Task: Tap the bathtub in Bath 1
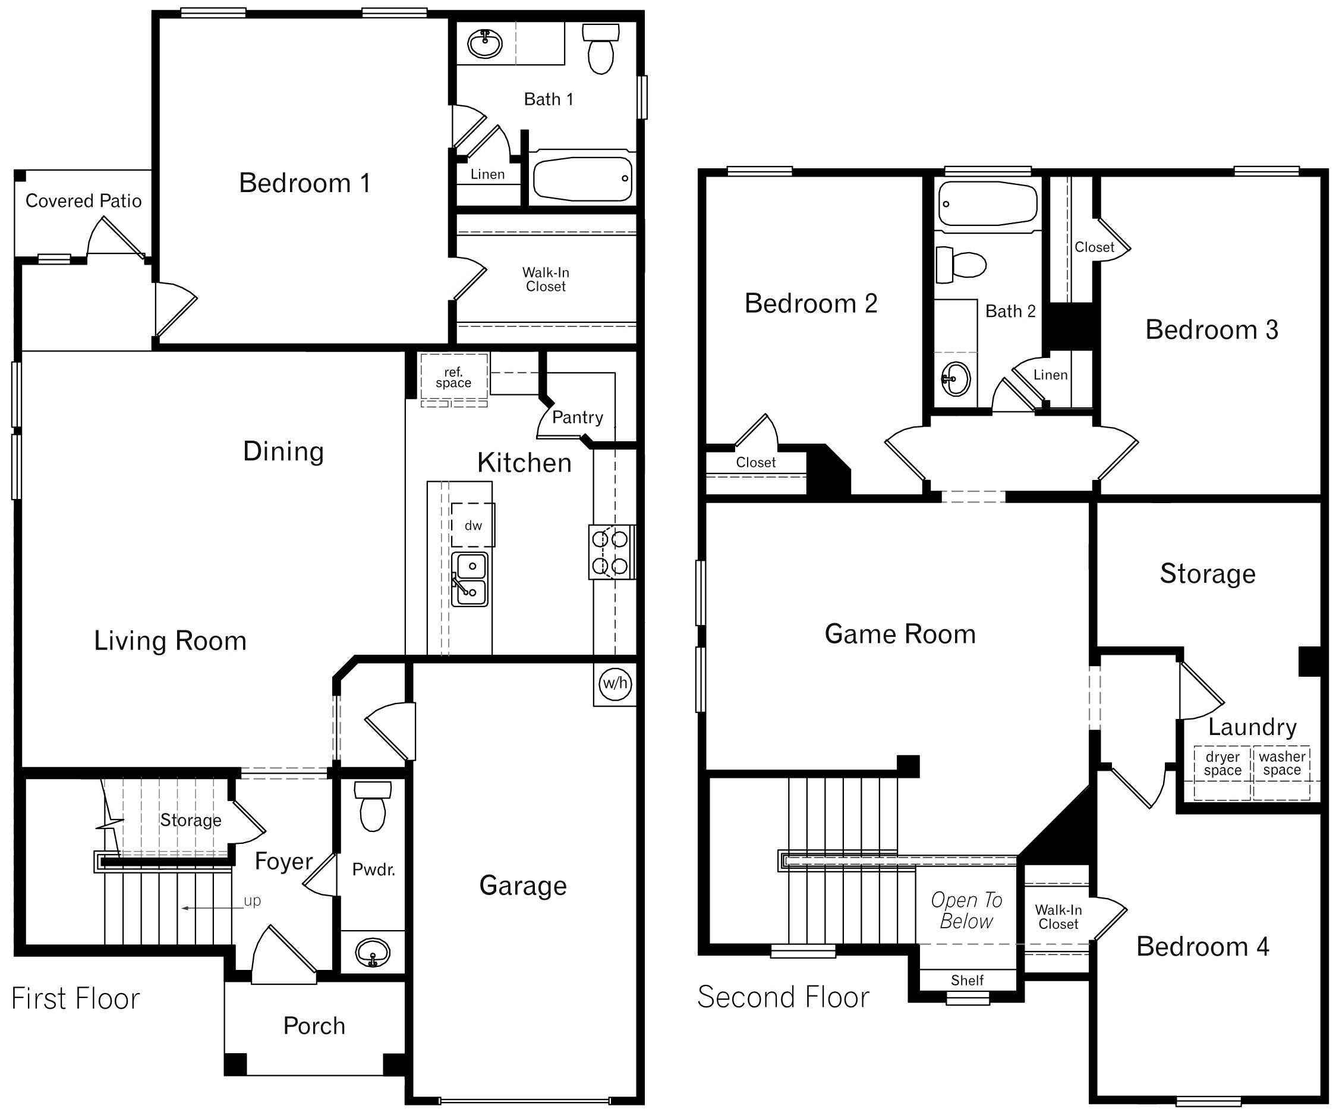click(x=582, y=179)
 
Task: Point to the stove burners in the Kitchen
click(x=611, y=552)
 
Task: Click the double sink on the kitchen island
click(x=470, y=579)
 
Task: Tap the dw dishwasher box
click(x=472, y=525)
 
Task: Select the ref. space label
click(x=453, y=377)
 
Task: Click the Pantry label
click(x=577, y=417)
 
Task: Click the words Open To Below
click(x=966, y=910)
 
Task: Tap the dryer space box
click(x=1222, y=772)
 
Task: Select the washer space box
click(x=1281, y=772)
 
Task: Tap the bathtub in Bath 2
click(x=987, y=204)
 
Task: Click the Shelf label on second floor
click(x=967, y=980)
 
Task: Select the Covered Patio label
click(x=83, y=201)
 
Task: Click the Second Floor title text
click(x=783, y=997)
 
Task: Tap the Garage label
click(x=522, y=885)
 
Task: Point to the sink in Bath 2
click(x=955, y=379)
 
